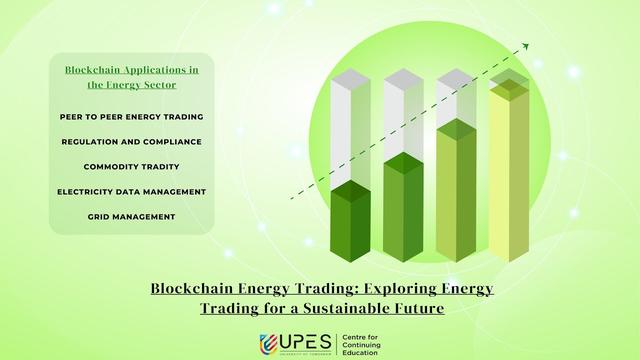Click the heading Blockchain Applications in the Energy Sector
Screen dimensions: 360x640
point(131,78)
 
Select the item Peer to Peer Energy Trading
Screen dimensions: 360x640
point(131,117)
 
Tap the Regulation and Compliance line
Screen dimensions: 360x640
point(131,142)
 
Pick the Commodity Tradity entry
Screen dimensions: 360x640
point(131,166)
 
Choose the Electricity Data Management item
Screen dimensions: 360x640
point(131,191)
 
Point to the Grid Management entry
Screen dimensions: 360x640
point(131,216)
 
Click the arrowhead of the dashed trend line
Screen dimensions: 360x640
point(526,45)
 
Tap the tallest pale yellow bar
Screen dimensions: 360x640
point(508,170)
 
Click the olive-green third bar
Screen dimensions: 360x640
point(456,190)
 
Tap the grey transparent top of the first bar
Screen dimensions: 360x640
point(351,130)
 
